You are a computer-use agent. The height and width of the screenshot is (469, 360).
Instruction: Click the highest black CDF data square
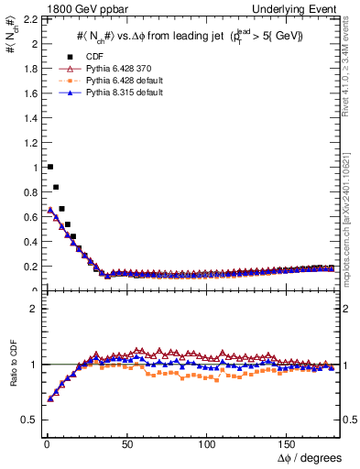[x=49, y=167]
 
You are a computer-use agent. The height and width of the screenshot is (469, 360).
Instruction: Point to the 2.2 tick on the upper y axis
[x=27, y=18]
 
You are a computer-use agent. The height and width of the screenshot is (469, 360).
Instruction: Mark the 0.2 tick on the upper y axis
[x=27, y=267]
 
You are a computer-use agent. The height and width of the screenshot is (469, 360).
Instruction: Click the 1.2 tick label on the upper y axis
[x=27, y=142]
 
